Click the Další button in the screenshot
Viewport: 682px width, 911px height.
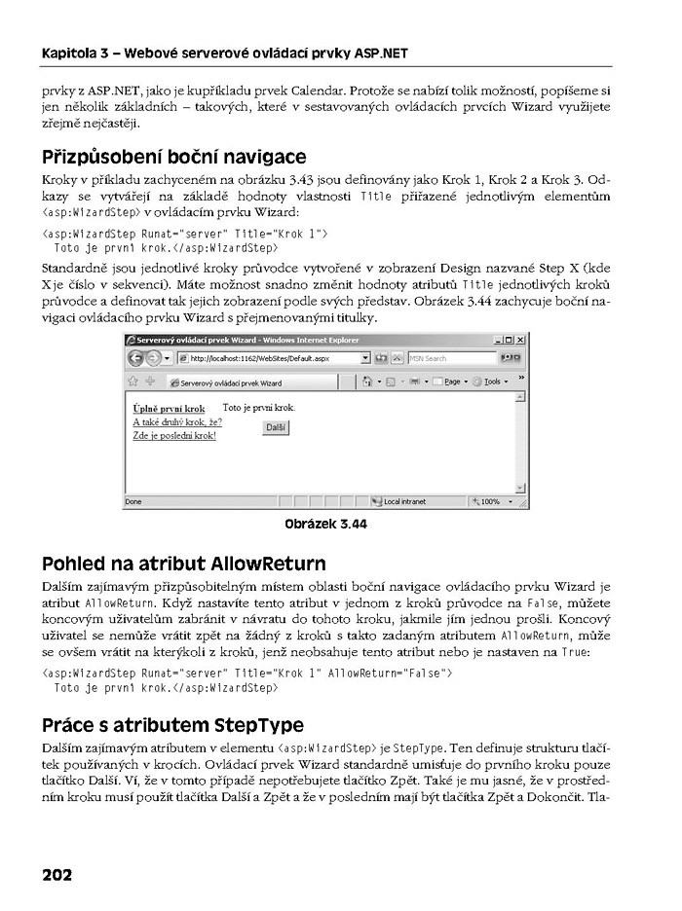[276, 428]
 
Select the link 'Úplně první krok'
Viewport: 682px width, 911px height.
[169, 409]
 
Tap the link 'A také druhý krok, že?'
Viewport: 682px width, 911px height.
[176, 422]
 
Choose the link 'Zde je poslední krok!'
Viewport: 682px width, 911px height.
[173, 435]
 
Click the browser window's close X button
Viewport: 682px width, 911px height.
[520, 340]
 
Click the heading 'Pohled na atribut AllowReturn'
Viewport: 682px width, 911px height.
[184, 564]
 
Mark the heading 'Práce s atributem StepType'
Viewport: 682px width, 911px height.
[173, 725]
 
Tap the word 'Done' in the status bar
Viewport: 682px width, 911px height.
[133, 502]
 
